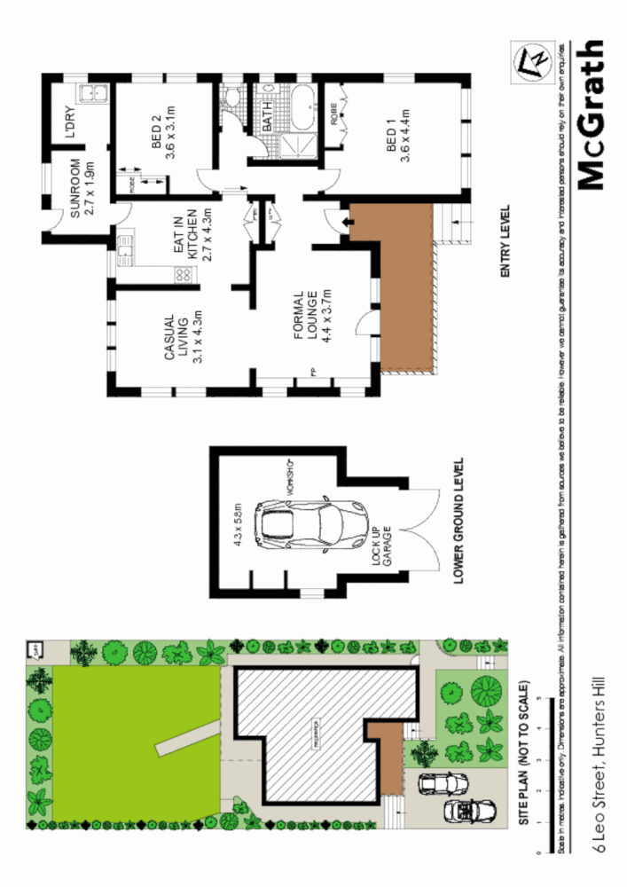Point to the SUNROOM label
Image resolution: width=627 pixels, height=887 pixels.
click(82, 188)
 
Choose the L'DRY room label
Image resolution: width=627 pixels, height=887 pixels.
click(70, 124)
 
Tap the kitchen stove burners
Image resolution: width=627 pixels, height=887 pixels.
click(186, 275)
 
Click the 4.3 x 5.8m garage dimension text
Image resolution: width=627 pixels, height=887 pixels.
click(239, 525)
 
